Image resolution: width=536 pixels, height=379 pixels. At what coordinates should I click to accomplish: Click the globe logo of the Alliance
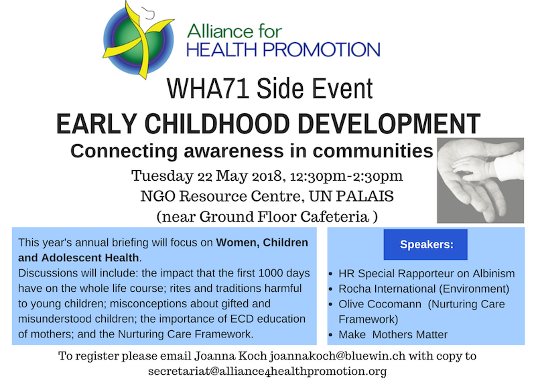(x=139, y=40)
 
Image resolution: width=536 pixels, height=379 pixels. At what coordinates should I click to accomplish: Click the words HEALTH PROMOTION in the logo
(x=283, y=50)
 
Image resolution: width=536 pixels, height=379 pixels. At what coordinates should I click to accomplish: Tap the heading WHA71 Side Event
(x=270, y=89)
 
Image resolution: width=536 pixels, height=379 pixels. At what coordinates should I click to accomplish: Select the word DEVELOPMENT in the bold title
(x=389, y=124)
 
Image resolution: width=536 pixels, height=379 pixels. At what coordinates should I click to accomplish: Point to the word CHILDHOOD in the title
(x=217, y=124)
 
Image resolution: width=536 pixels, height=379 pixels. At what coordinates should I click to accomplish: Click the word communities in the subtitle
(x=373, y=151)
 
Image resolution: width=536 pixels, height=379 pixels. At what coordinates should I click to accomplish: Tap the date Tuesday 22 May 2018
(x=207, y=176)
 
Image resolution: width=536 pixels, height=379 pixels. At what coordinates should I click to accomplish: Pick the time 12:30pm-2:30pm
(x=346, y=176)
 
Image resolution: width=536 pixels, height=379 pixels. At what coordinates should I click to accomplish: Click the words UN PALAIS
(x=351, y=196)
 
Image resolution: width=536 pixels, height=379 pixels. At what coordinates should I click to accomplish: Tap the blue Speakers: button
(x=425, y=244)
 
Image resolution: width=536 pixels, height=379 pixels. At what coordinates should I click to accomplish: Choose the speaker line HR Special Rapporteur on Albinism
(x=427, y=273)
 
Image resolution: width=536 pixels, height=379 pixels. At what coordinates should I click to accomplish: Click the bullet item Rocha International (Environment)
(x=424, y=289)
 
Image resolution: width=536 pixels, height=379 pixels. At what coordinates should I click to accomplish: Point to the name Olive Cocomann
(x=380, y=304)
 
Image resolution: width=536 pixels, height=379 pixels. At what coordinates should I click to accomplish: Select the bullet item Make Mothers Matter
(x=393, y=334)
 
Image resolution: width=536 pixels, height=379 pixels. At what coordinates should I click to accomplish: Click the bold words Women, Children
(x=262, y=242)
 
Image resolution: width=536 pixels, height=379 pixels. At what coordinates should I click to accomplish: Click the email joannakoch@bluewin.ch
(x=338, y=356)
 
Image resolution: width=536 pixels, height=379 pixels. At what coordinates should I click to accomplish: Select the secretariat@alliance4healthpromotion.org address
(x=267, y=371)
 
